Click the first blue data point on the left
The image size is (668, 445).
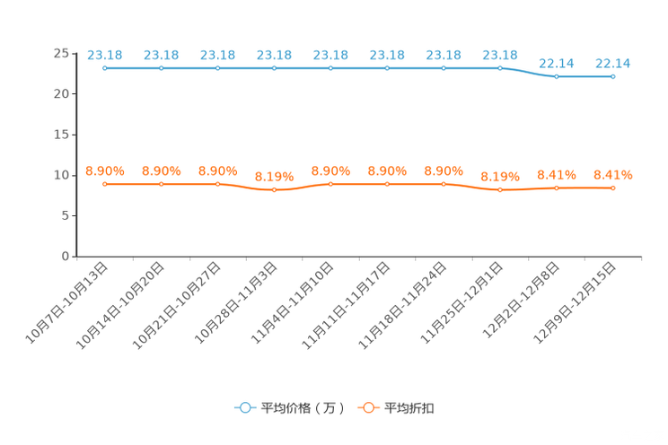pos(105,68)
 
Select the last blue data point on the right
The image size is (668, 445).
pos(613,77)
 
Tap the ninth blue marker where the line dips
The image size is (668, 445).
pos(557,77)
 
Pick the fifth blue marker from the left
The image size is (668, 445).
pos(330,68)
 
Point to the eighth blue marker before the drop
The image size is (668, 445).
pos(500,68)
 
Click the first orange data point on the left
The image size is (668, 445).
pos(105,184)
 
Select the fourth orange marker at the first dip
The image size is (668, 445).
pos(274,190)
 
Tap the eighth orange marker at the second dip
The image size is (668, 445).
pos(500,190)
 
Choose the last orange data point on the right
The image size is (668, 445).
pos(613,188)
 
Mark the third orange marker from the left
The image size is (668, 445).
pos(218,184)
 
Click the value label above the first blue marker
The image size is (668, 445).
pos(105,55)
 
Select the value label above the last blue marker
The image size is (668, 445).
pos(613,63)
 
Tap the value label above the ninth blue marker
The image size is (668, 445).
pos(557,63)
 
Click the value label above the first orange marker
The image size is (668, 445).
pos(105,170)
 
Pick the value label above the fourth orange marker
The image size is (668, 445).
pos(274,176)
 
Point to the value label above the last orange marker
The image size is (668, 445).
pos(613,175)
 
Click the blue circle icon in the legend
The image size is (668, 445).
pos(244,407)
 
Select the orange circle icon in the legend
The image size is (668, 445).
pos(367,407)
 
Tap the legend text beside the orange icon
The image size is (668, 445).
pos(409,408)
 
